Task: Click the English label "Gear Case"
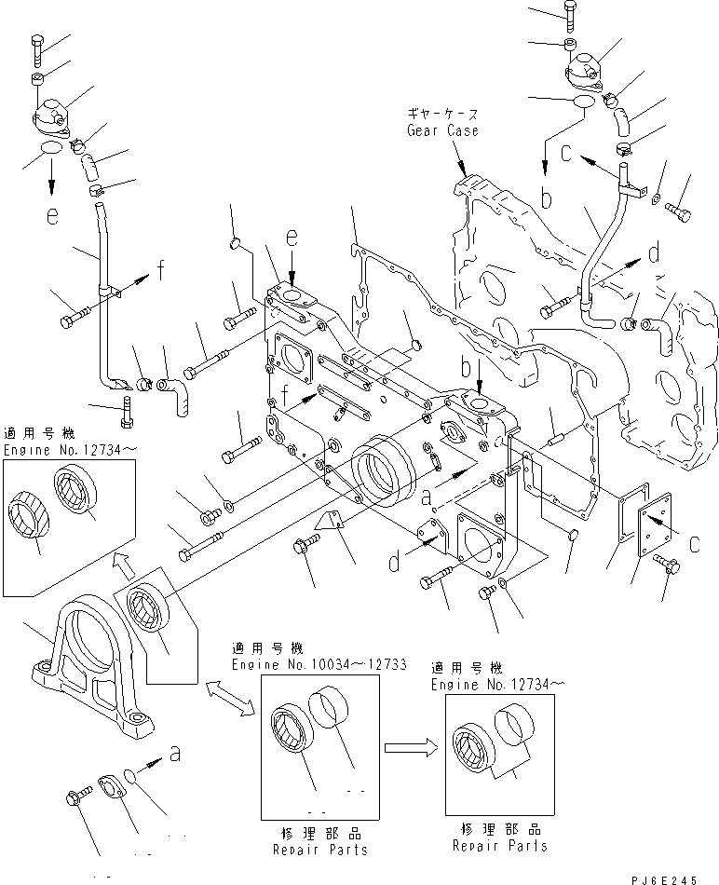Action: pyautogui.click(x=442, y=130)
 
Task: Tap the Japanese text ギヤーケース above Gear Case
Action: pyautogui.click(x=442, y=114)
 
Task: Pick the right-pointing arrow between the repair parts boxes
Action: pyautogui.click(x=410, y=745)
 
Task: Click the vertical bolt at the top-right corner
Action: pyautogui.click(x=569, y=13)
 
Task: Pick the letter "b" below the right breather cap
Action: pyautogui.click(x=547, y=197)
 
